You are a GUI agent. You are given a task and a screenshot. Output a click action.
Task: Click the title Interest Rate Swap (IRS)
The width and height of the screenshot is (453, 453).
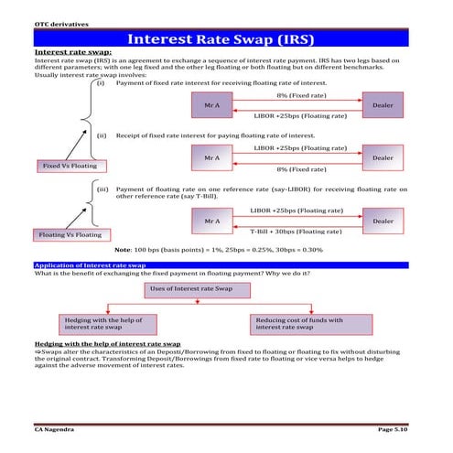coord(226,39)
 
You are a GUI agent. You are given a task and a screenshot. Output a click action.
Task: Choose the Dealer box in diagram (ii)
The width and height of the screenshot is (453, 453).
coord(383,158)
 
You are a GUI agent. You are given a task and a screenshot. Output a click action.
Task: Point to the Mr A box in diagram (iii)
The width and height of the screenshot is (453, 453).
coord(211,221)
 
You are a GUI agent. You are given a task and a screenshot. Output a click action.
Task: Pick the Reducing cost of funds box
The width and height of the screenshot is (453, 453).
coord(312,324)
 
